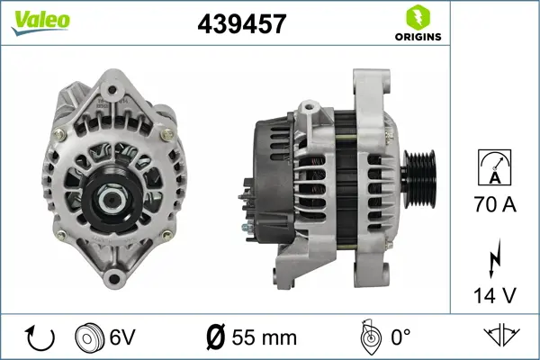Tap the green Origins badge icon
pyautogui.click(x=418, y=15)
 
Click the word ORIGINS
pyautogui.click(x=418, y=37)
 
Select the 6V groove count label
pyautogui.click(x=124, y=338)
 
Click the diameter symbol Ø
pyautogui.click(x=216, y=338)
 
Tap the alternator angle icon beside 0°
pyautogui.click(x=370, y=337)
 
